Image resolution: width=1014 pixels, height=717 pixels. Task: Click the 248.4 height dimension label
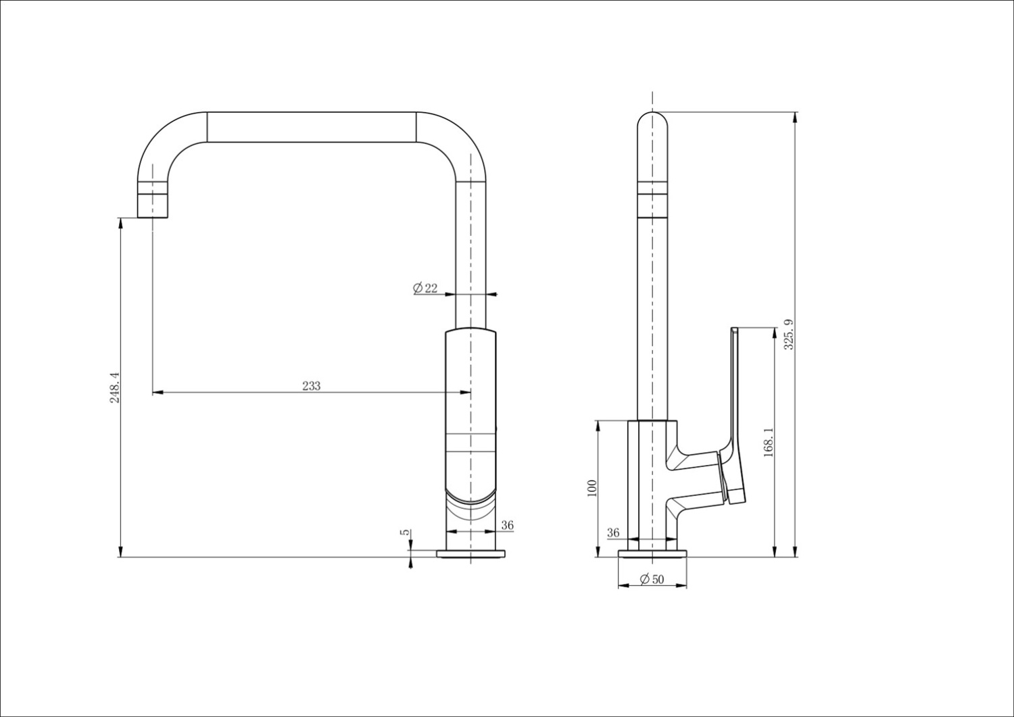tap(115, 387)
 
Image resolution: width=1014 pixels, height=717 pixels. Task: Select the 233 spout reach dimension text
tap(311, 386)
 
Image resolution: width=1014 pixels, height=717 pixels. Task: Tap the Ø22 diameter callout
tap(425, 289)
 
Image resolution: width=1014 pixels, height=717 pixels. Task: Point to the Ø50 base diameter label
tap(651, 579)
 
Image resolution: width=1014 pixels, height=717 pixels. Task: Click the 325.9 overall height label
tap(788, 334)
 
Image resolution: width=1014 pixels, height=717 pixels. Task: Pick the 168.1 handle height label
tap(768, 443)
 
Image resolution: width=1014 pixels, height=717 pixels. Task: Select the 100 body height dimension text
tap(592, 489)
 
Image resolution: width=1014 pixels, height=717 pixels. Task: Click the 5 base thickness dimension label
tap(405, 533)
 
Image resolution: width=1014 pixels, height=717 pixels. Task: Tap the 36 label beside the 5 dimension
tap(507, 525)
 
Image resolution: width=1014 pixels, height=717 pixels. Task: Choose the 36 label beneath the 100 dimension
tap(613, 533)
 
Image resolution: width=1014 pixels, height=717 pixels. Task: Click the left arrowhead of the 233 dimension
tap(157, 392)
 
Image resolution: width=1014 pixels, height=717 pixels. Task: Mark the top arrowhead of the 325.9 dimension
tap(795, 117)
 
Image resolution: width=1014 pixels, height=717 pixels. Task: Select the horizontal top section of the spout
tap(311, 127)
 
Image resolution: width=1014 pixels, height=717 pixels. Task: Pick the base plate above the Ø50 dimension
tap(652, 554)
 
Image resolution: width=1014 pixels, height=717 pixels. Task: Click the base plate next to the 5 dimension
tap(470, 554)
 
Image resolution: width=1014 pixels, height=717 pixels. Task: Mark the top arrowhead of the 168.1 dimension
tap(773, 332)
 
